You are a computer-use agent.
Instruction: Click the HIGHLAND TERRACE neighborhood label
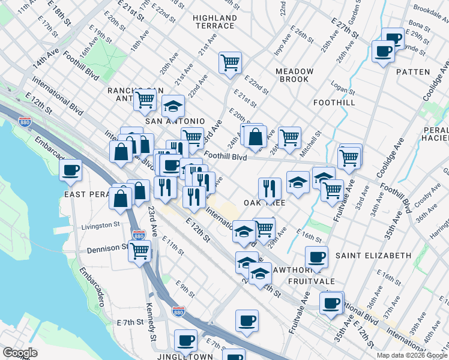click(214, 22)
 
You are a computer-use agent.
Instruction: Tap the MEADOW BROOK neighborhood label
click(294, 75)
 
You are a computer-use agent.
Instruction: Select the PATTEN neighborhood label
click(413, 71)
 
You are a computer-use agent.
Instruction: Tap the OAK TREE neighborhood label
click(264, 203)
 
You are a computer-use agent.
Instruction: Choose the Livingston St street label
click(101, 225)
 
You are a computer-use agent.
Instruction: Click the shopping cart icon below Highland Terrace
click(230, 62)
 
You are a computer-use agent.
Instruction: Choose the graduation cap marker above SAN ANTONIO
click(173, 107)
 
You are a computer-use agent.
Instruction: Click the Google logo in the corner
click(20, 353)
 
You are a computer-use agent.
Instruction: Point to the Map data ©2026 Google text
click(412, 355)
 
